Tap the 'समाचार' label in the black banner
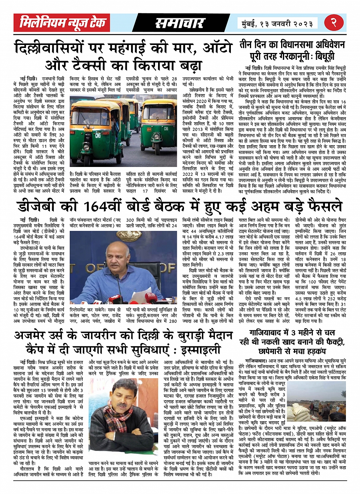tap(179, 23)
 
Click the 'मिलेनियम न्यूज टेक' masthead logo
tap(63, 23)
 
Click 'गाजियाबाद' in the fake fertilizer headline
tap(269, 333)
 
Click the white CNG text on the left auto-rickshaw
tap(88, 135)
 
